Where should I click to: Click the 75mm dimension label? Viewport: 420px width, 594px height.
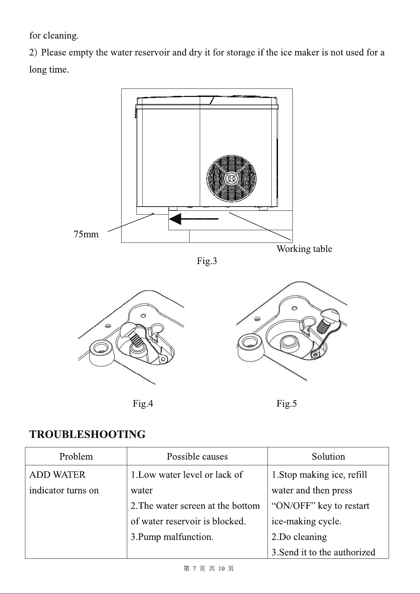86,234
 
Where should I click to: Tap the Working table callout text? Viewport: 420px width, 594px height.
304,249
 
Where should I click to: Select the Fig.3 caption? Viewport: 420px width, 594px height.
207,261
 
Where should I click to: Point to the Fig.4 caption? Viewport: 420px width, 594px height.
143,404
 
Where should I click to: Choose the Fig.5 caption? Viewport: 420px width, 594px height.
286,404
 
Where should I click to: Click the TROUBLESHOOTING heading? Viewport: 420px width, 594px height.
87,434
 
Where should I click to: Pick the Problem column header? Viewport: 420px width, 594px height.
76,457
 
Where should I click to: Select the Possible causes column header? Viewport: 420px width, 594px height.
197,457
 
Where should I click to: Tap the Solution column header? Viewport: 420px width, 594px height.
328,457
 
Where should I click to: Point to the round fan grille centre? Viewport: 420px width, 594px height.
231,178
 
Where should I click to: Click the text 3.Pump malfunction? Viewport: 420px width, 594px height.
172,537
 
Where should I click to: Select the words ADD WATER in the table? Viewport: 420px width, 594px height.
57,474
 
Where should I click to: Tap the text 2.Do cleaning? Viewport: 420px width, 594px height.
299,537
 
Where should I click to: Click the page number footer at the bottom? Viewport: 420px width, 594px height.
209,568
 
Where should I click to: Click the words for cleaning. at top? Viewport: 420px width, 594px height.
54,36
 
